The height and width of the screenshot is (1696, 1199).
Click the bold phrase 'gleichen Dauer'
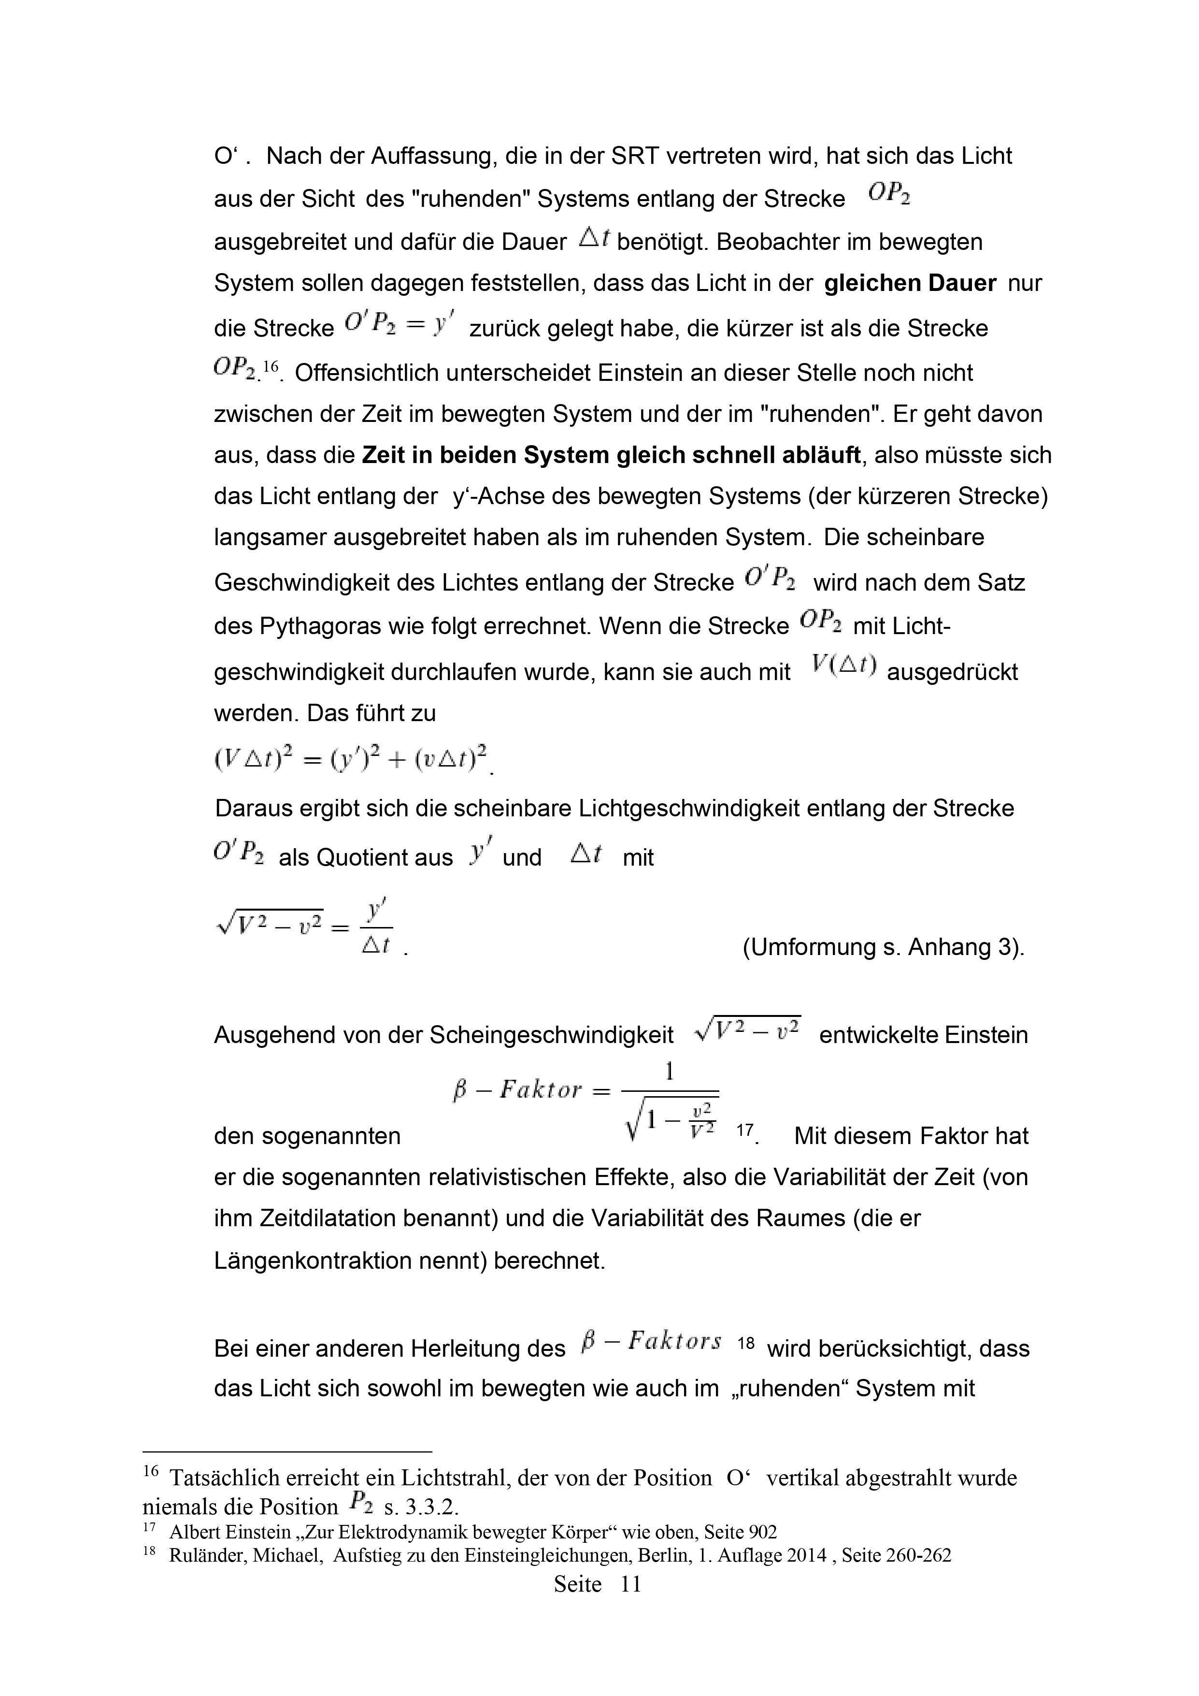pyautogui.click(x=910, y=284)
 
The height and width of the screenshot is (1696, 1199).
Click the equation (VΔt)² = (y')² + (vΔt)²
pyautogui.click(x=351, y=759)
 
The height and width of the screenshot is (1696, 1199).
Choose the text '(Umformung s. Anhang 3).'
pyautogui.click(x=883, y=947)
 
